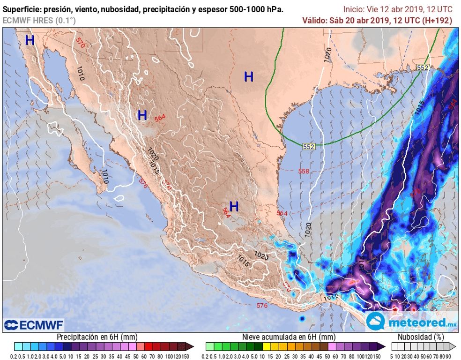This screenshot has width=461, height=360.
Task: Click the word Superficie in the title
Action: pos(22,9)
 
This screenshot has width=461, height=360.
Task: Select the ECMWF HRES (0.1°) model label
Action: pos(39,20)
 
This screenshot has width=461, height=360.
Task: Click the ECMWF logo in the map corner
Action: pos(33,324)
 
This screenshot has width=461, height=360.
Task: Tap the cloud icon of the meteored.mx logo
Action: pos(376,321)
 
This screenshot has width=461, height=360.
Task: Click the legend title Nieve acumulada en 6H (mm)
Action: pos(289,337)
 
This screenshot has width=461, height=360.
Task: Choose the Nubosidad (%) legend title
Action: pos(420,337)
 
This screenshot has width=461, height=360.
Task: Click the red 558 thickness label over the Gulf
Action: pos(304,171)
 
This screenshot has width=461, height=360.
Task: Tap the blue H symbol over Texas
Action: pos(248,76)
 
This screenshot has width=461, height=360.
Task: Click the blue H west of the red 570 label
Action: pos(30,40)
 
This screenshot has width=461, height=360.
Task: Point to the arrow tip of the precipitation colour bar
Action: pos(191,346)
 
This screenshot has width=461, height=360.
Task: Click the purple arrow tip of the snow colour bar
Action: pos(382,346)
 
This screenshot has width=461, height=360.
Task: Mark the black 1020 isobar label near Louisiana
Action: pos(327,54)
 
